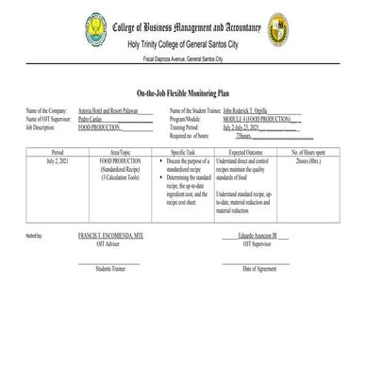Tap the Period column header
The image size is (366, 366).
coord(58,151)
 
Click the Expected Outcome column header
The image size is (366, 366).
coord(245,151)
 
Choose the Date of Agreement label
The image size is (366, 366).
coord(259,269)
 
